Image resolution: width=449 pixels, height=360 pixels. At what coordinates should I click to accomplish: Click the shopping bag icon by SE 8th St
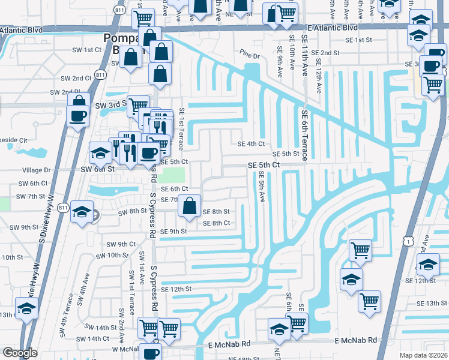pyautogui.click(x=190, y=206)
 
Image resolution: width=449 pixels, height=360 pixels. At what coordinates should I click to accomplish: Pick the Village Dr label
pyautogui.click(x=38, y=170)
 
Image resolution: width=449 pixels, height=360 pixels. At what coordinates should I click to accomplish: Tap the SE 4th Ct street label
pyautogui.click(x=251, y=143)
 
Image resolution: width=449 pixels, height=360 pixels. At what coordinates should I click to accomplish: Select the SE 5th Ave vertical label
pyautogui.click(x=262, y=187)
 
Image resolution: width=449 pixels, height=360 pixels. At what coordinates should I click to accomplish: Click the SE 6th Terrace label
pyautogui.click(x=305, y=134)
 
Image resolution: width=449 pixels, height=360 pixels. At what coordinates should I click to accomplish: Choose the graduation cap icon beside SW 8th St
pyautogui.click(x=82, y=212)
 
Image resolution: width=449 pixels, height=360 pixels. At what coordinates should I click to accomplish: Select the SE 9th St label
pyautogui.click(x=174, y=232)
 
